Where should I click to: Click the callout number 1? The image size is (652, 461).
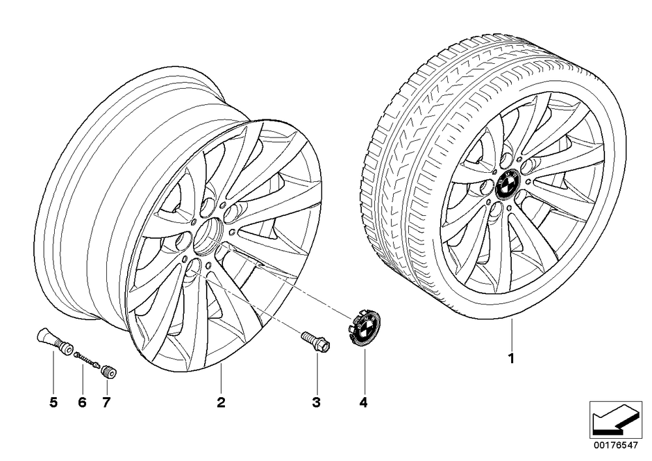512,359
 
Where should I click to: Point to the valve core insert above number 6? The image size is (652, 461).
87,360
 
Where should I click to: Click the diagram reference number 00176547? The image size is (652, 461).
615,445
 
